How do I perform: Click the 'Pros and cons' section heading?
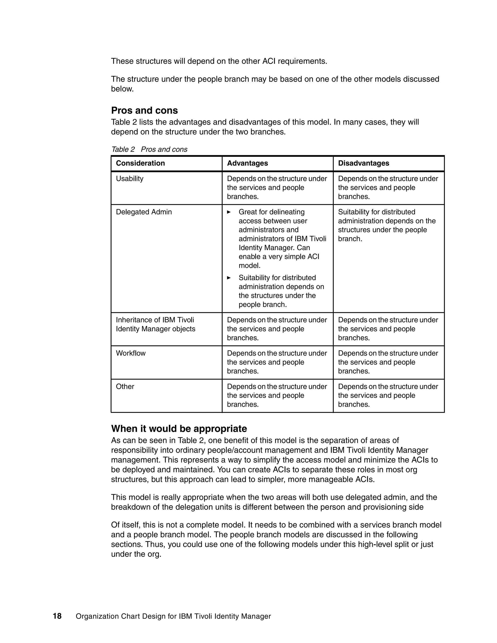(144, 110)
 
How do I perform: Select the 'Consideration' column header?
(140, 163)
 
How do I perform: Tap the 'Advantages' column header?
(247, 163)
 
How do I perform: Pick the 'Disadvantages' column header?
(363, 163)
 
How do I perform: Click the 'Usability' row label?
(130, 179)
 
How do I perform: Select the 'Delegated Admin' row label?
(144, 212)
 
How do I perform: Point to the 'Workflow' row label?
(131, 353)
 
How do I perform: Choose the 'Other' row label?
(125, 387)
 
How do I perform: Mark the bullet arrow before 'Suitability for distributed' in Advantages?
(229, 278)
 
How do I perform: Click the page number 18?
(57, 616)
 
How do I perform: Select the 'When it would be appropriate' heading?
(179, 429)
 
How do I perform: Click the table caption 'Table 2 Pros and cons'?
(149, 149)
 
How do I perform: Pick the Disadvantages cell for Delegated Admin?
(387, 225)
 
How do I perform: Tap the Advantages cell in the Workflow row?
(277, 362)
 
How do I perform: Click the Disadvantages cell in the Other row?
(388, 396)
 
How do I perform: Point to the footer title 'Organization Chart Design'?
(173, 617)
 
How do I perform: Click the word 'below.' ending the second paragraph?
(122, 89)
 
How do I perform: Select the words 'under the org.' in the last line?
(136, 554)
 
